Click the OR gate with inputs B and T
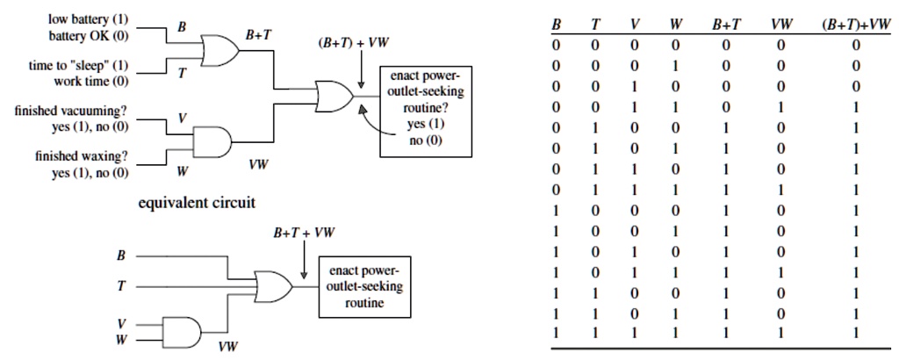pos(219,50)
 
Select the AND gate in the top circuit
pos(213,140)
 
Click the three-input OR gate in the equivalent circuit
pos(274,284)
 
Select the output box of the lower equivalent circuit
pos(362,284)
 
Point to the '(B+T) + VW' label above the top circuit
pos(353,44)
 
